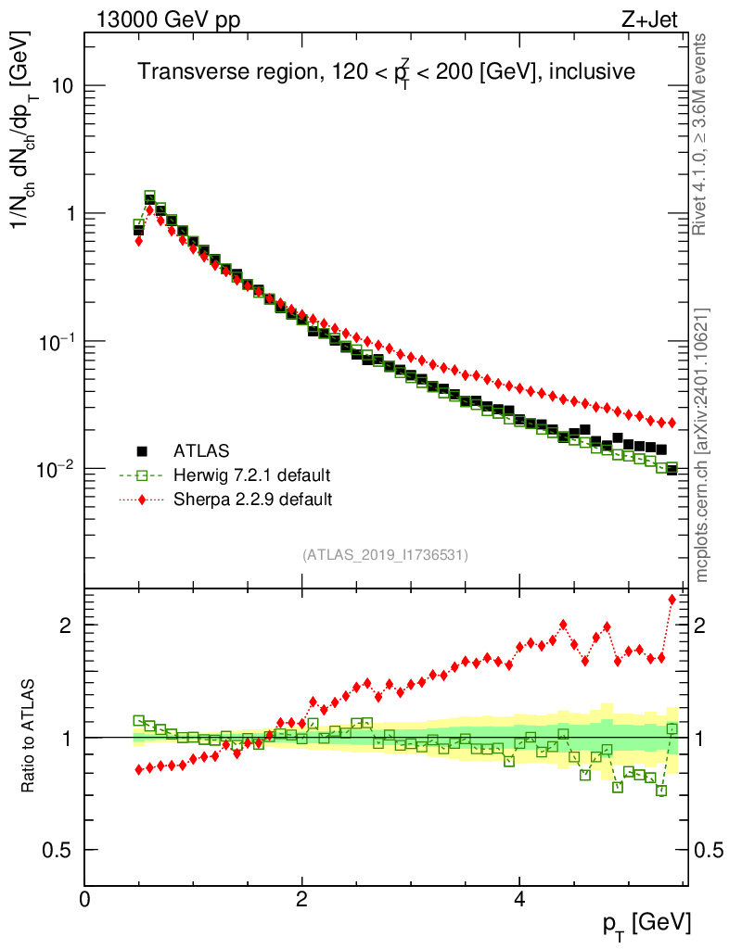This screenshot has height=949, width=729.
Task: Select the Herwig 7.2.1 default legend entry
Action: pyautogui.click(x=251, y=475)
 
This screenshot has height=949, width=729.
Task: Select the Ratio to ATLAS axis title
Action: pyautogui.click(x=29, y=737)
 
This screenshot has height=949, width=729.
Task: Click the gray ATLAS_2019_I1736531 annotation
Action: pyautogui.click(x=385, y=555)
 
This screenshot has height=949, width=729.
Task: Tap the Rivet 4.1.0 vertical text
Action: pyautogui.click(x=701, y=134)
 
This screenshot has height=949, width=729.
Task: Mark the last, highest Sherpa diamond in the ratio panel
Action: pyautogui.click(x=672, y=600)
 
